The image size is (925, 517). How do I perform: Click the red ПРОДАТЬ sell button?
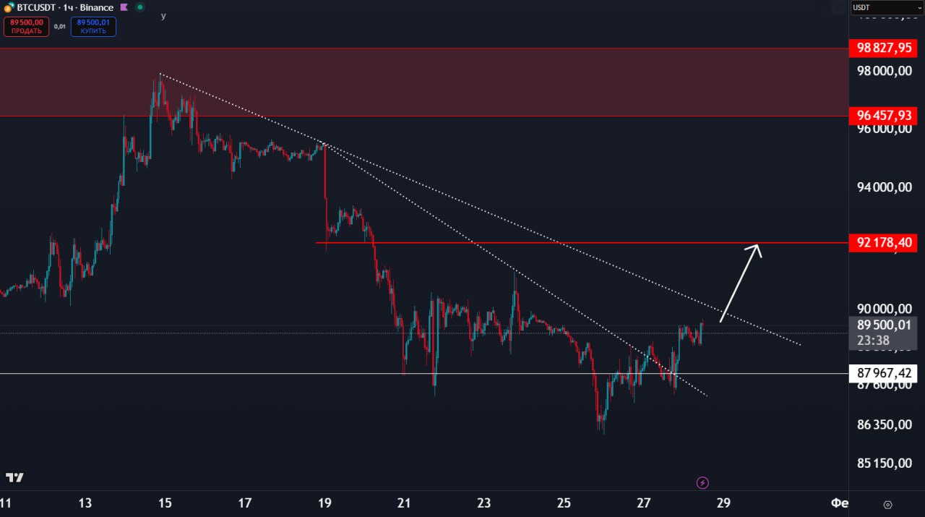26,27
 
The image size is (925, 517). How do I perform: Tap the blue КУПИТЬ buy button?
93,27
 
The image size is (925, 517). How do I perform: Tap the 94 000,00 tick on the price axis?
884,187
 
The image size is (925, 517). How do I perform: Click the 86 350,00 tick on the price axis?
884,424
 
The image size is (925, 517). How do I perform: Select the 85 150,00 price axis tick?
884,463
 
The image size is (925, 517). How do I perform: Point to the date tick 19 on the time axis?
324,503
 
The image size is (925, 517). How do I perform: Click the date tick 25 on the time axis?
564,503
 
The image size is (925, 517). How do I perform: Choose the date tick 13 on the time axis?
85,503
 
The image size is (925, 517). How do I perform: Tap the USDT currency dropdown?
886,8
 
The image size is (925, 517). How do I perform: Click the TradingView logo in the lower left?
14,478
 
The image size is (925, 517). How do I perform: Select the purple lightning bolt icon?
702,482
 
